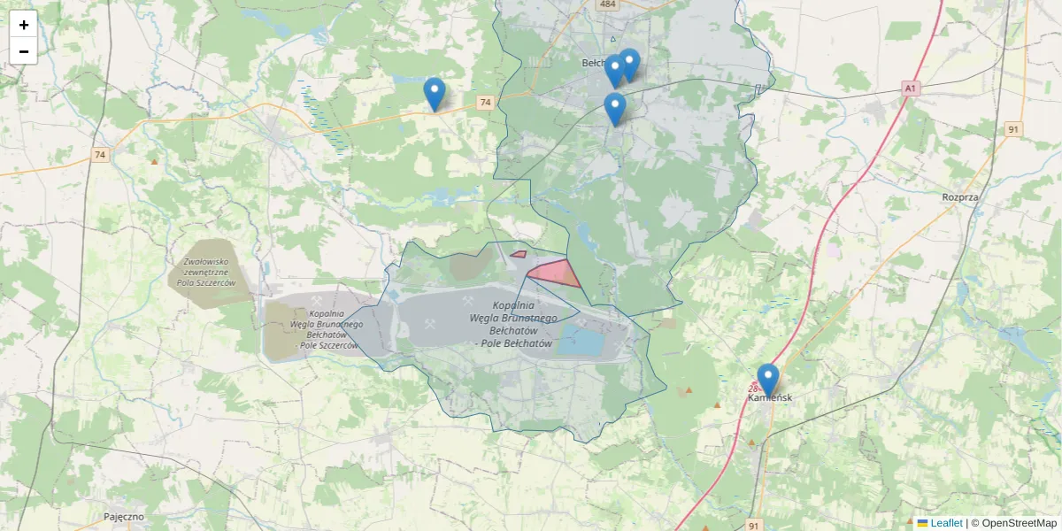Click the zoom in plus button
23,24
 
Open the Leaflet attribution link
945,523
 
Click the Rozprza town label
960,196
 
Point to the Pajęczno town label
124,516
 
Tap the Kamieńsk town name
770,397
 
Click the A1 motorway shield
910,88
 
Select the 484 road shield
607,4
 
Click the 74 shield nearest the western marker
484,103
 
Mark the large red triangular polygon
556,274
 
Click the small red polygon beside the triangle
518,255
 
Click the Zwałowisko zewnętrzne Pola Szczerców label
205,273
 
